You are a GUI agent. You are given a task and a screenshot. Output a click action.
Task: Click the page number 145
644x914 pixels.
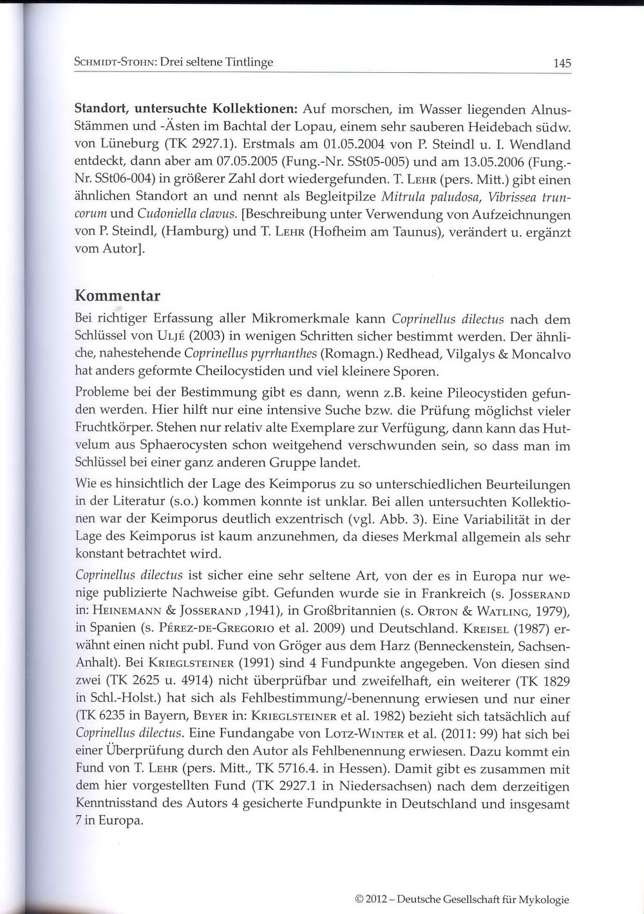click(562, 63)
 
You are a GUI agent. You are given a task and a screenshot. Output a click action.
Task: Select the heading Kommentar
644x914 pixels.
click(117, 296)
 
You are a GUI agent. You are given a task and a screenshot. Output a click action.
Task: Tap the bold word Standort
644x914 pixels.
click(104, 109)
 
